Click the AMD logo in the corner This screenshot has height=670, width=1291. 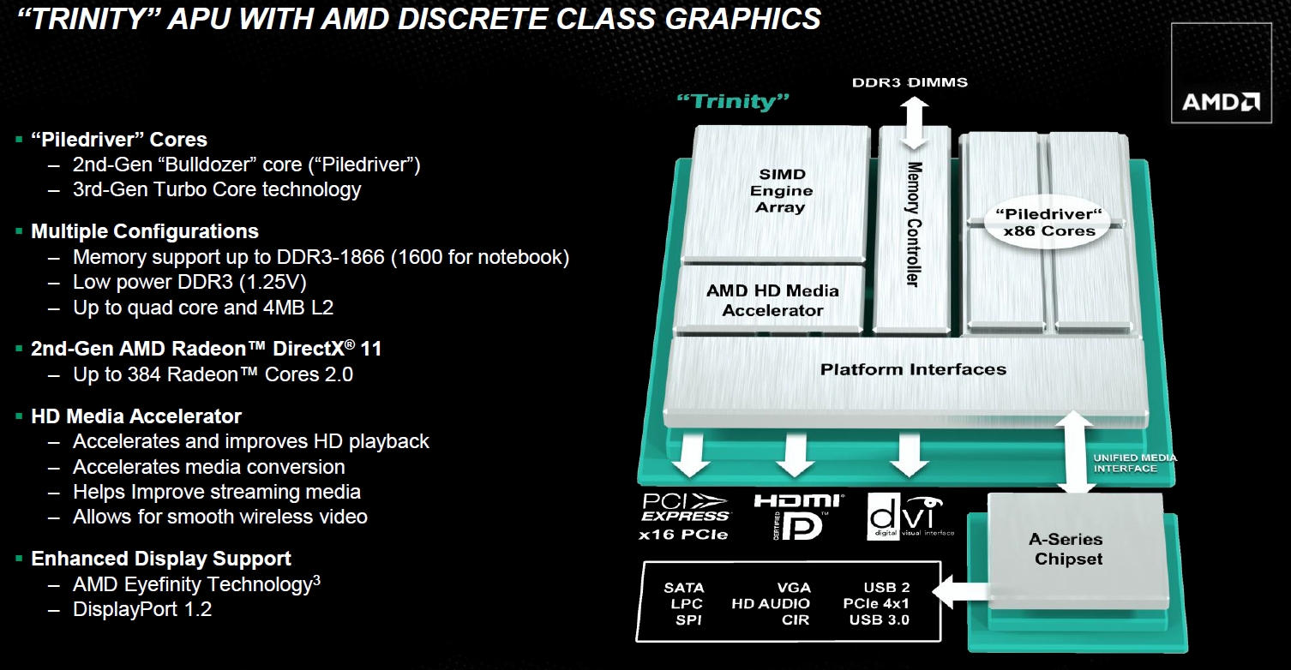point(1221,103)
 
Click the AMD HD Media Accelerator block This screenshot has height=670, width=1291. point(772,301)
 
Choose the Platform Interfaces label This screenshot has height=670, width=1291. point(913,370)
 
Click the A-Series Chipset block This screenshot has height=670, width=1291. point(1066,549)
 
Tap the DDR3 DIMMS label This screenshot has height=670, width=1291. point(910,83)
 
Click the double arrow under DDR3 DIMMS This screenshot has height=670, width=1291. point(913,123)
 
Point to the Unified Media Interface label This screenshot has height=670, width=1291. point(1134,463)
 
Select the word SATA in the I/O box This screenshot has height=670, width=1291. point(684,588)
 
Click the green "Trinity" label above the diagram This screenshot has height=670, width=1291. point(732,101)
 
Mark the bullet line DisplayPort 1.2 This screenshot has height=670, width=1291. point(142,610)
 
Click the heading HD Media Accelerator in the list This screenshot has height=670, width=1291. point(136,416)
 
